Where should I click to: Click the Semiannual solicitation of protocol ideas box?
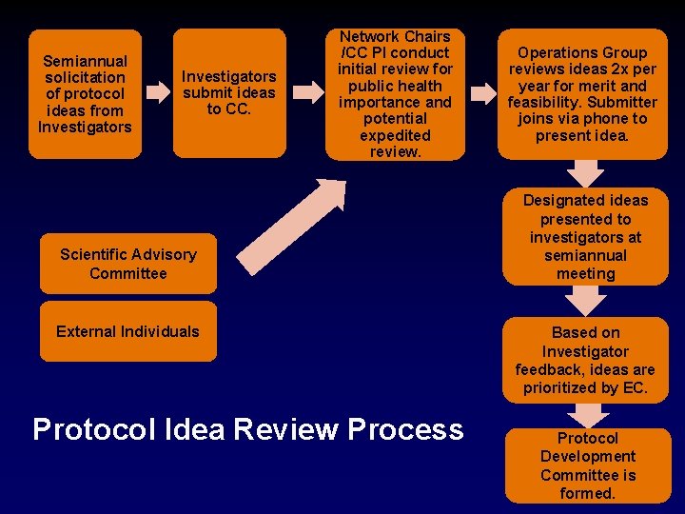coord(86,93)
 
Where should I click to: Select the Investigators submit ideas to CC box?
coord(229,93)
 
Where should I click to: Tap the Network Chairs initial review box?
coord(395,93)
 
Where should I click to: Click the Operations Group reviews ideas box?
coord(582,93)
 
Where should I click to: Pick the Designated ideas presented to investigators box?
coord(585,237)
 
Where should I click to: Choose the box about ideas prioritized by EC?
coord(585,360)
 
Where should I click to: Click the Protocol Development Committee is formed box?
coord(587,465)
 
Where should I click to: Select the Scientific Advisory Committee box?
coord(127,264)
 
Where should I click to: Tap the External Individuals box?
coord(127,331)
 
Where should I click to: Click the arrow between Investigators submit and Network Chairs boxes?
coord(307,93)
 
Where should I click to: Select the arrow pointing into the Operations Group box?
coord(483,93)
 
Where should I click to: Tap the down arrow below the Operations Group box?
coord(586,172)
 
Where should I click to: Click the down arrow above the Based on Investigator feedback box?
coord(586,301)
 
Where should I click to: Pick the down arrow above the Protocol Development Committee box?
coord(589,415)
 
